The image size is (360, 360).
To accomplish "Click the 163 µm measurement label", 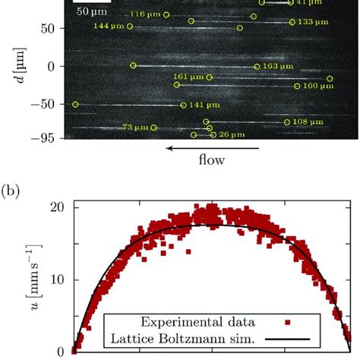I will point(276,67).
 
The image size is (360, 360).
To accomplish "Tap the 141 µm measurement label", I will point(205,105).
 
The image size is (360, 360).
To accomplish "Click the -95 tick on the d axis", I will point(49,137).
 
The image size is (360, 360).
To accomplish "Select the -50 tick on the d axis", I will point(49,103).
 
